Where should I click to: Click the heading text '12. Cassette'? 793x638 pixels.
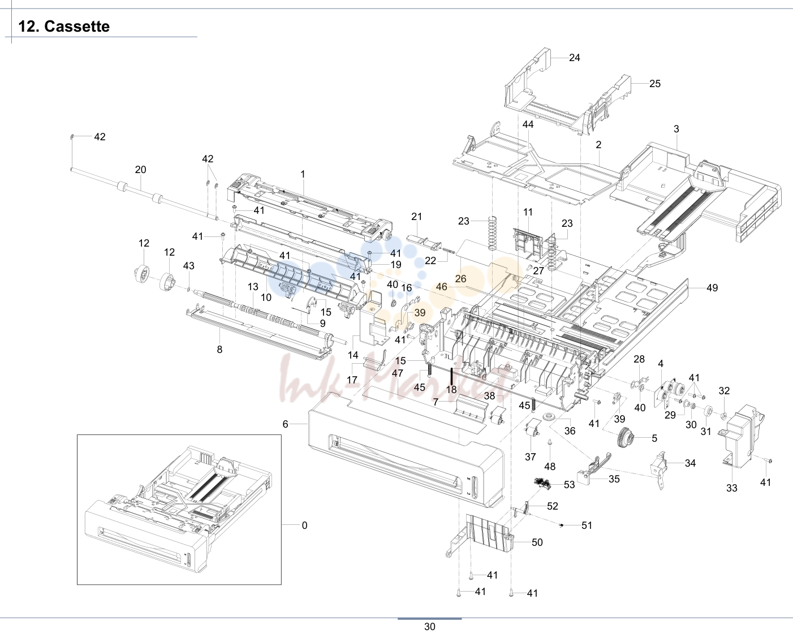[x=64, y=27]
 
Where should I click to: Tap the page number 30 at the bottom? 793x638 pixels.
[x=430, y=627]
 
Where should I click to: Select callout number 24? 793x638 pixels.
[x=575, y=58]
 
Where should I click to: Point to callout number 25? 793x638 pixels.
[x=655, y=84]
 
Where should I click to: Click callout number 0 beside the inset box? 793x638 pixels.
[x=304, y=525]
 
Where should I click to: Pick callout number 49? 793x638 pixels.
[x=712, y=288]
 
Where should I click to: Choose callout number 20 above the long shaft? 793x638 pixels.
[x=140, y=170]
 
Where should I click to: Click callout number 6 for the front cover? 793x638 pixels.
[x=285, y=424]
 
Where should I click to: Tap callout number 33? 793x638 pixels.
[x=732, y=488]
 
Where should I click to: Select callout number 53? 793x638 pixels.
[x=570, y=485]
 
